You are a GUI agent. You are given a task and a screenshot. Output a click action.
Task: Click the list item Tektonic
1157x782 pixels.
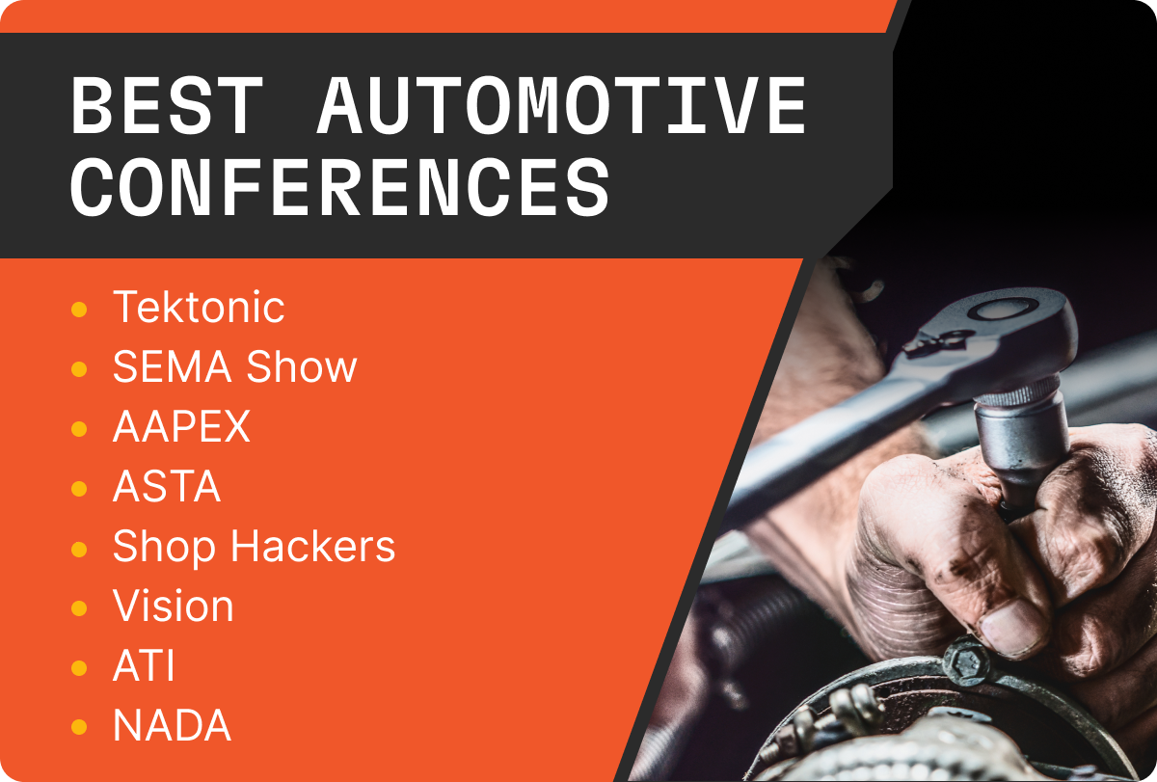(x=199, y=307)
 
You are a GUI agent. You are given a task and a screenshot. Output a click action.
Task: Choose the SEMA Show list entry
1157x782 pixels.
(x=234, y=366)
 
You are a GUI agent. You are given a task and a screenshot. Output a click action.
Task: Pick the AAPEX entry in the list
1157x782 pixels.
(x=181, y=427)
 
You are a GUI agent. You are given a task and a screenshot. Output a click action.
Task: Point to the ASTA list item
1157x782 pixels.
(x=167, y=487)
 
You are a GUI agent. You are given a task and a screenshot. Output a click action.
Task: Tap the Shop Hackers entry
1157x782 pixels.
(x=254, y=547)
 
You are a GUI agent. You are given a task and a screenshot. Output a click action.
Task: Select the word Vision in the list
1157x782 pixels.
(x=173, y=607)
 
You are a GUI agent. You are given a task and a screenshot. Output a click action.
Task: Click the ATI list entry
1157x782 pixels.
(x=144, y=666)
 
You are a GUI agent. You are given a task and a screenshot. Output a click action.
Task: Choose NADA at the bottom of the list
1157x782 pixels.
(x=172, y=726)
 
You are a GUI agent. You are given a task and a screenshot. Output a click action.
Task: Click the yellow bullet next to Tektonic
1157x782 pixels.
(x=80, y=310)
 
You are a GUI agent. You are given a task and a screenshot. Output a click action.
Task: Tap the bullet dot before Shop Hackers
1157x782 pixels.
(x=80, y=549)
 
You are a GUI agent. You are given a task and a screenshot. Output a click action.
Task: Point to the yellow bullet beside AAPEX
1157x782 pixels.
(x=80, y=429)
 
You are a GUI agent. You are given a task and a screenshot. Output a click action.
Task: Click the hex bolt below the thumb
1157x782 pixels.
(x=963, y=662)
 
